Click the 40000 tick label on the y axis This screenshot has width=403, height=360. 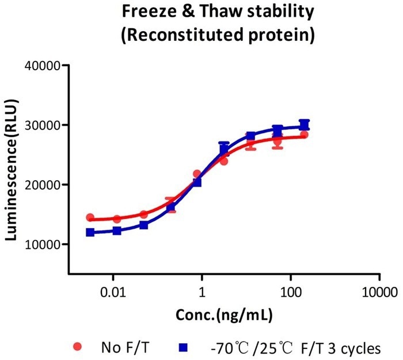(45, 66)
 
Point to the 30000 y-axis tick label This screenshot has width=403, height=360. (45, 125)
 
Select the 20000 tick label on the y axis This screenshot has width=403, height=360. (45, 185)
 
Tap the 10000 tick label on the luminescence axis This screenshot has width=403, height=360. (45, 244)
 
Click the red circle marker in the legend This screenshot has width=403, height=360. (78, 347)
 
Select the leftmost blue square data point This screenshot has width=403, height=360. (90, 232)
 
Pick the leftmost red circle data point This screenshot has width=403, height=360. (90, 218)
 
